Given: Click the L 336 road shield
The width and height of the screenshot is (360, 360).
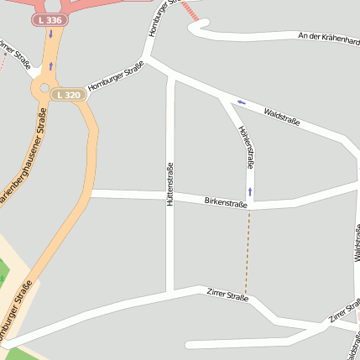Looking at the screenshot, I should [x=50, y=19].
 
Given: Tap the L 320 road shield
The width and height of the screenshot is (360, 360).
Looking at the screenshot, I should [x=70, y=95].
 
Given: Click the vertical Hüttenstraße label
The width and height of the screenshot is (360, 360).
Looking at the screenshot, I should [x=170, y=185].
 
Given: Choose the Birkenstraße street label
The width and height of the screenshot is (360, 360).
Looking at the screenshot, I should [x=226, y=202].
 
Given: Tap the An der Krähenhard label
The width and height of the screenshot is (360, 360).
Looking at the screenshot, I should [x=329, y=37].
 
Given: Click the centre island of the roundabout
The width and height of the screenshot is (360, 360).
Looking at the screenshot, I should [x=44, y=87].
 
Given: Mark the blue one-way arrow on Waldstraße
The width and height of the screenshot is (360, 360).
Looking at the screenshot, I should [x=241, y=102].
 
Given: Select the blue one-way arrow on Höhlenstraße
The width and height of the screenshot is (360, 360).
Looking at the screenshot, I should [x=249, y=191].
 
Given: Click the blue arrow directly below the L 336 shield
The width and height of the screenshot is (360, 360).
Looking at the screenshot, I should [x=50, y=34].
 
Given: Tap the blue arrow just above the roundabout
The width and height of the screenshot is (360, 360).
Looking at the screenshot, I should [x=50, y=65].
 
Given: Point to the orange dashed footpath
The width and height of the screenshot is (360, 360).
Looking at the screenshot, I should [x=248, y=252].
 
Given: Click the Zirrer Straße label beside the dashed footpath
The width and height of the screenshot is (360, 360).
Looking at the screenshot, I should [x=227, y=294].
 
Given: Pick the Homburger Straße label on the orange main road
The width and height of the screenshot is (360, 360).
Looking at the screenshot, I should [x=18, y=310].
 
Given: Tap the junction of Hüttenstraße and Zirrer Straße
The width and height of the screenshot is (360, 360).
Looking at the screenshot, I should [x=170, y=294].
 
